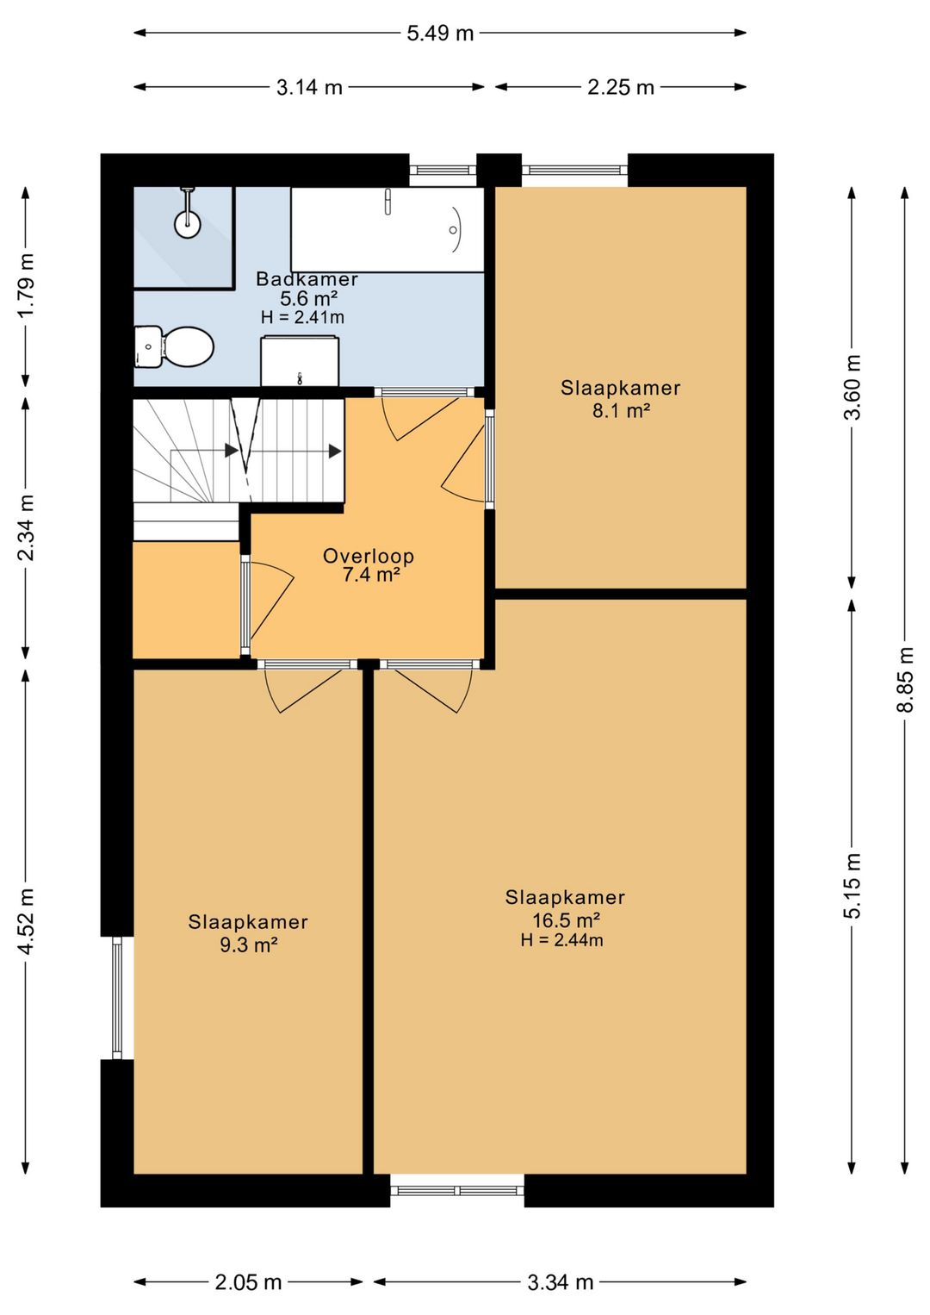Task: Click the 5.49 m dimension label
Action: [440, 34]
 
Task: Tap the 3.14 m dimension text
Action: [309, 87]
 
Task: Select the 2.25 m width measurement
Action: [621, 87]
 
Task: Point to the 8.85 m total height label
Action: [905, 679]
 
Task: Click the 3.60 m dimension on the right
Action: [852, 387]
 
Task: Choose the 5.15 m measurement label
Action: [852, 885]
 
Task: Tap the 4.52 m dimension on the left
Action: [26, 920]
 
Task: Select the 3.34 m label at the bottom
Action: [560, 1282]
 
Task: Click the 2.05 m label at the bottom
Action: [248, 1282]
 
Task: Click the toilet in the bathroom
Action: [175, 346]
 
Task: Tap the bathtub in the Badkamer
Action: [387, 229]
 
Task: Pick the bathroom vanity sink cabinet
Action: [299, 362]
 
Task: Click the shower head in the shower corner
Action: [187, 222]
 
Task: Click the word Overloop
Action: [369, 556]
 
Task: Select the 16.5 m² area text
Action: [566, 919]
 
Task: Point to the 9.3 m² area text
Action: [248, 944]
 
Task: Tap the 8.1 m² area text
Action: [620, 410]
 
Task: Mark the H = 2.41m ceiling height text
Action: [302, 317]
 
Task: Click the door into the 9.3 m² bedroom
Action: [306, 686]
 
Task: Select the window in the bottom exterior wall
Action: [457, 1190]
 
